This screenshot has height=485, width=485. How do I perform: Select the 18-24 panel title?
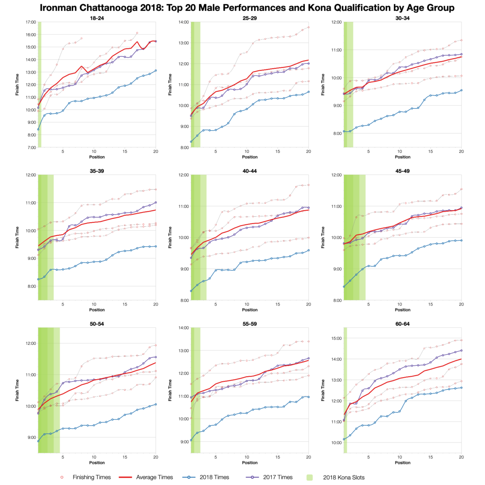pyautogui.click(x=97, y=18)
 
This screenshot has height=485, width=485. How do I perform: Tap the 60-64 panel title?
pyautogui.click(x=403, y=324)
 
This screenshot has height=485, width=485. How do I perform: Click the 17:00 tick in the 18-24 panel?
pyautogui.click(x=31, y=22)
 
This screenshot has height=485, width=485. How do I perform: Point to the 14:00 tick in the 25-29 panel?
pyautogui.click(x=183, y=22)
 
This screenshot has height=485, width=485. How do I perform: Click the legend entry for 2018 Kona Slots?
pyautogui.click(x=344, y=477)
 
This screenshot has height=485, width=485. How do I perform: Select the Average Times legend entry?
pyautogui.click(x=154, y=477)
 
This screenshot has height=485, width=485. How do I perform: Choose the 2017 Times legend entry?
pyautogui.click(x=278, y=477)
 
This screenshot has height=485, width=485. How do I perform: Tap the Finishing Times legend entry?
pyautogui.click(x=91, y=477)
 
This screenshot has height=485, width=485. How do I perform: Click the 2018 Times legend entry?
pyautogui.click(x=214, y=477)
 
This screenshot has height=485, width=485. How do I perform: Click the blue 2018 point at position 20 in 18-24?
pyautogui.click(x=156, y=70)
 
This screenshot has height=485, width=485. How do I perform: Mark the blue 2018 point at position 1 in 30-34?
pyautogui.click(x=344, y=131)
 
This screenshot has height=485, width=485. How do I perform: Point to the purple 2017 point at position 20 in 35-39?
pyautogui.click(x=156, y=202)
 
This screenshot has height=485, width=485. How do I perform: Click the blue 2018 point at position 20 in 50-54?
pyautogui.click(x=156, y=404)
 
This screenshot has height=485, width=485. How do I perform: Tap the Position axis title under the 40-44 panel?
pyautogui.click(x=250, y=310)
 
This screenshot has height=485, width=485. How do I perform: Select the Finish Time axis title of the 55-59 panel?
pyautogui.click(x=170, y=390)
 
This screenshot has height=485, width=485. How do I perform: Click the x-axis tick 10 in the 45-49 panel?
pyautogui.click(x=399, y=304)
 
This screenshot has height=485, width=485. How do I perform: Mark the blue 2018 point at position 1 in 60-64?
pyautogui.click(x=344, y=439)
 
